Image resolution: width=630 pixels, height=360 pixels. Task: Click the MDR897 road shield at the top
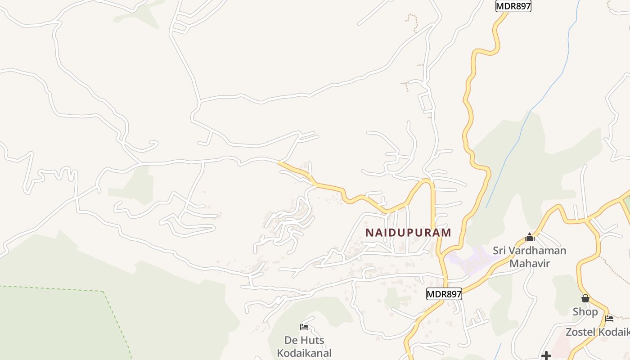513,6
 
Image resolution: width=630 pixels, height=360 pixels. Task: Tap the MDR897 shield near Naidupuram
444,294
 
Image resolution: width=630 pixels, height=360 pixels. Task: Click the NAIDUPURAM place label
408,233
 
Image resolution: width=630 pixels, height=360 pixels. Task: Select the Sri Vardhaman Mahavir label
530,256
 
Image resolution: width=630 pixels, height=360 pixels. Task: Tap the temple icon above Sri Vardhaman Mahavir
530,237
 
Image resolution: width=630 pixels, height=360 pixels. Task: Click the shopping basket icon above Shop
585,298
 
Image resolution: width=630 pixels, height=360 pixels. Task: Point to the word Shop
585,311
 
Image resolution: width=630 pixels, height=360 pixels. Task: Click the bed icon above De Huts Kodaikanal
304,327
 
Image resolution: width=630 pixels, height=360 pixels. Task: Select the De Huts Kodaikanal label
304,346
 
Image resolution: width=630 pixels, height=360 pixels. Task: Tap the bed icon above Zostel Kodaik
609,319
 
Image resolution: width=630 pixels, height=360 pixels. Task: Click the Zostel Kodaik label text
598,332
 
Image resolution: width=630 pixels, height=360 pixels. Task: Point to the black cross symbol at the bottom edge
546,356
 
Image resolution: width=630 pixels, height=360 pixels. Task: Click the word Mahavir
530,263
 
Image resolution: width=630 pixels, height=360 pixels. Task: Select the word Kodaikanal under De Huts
304,353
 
